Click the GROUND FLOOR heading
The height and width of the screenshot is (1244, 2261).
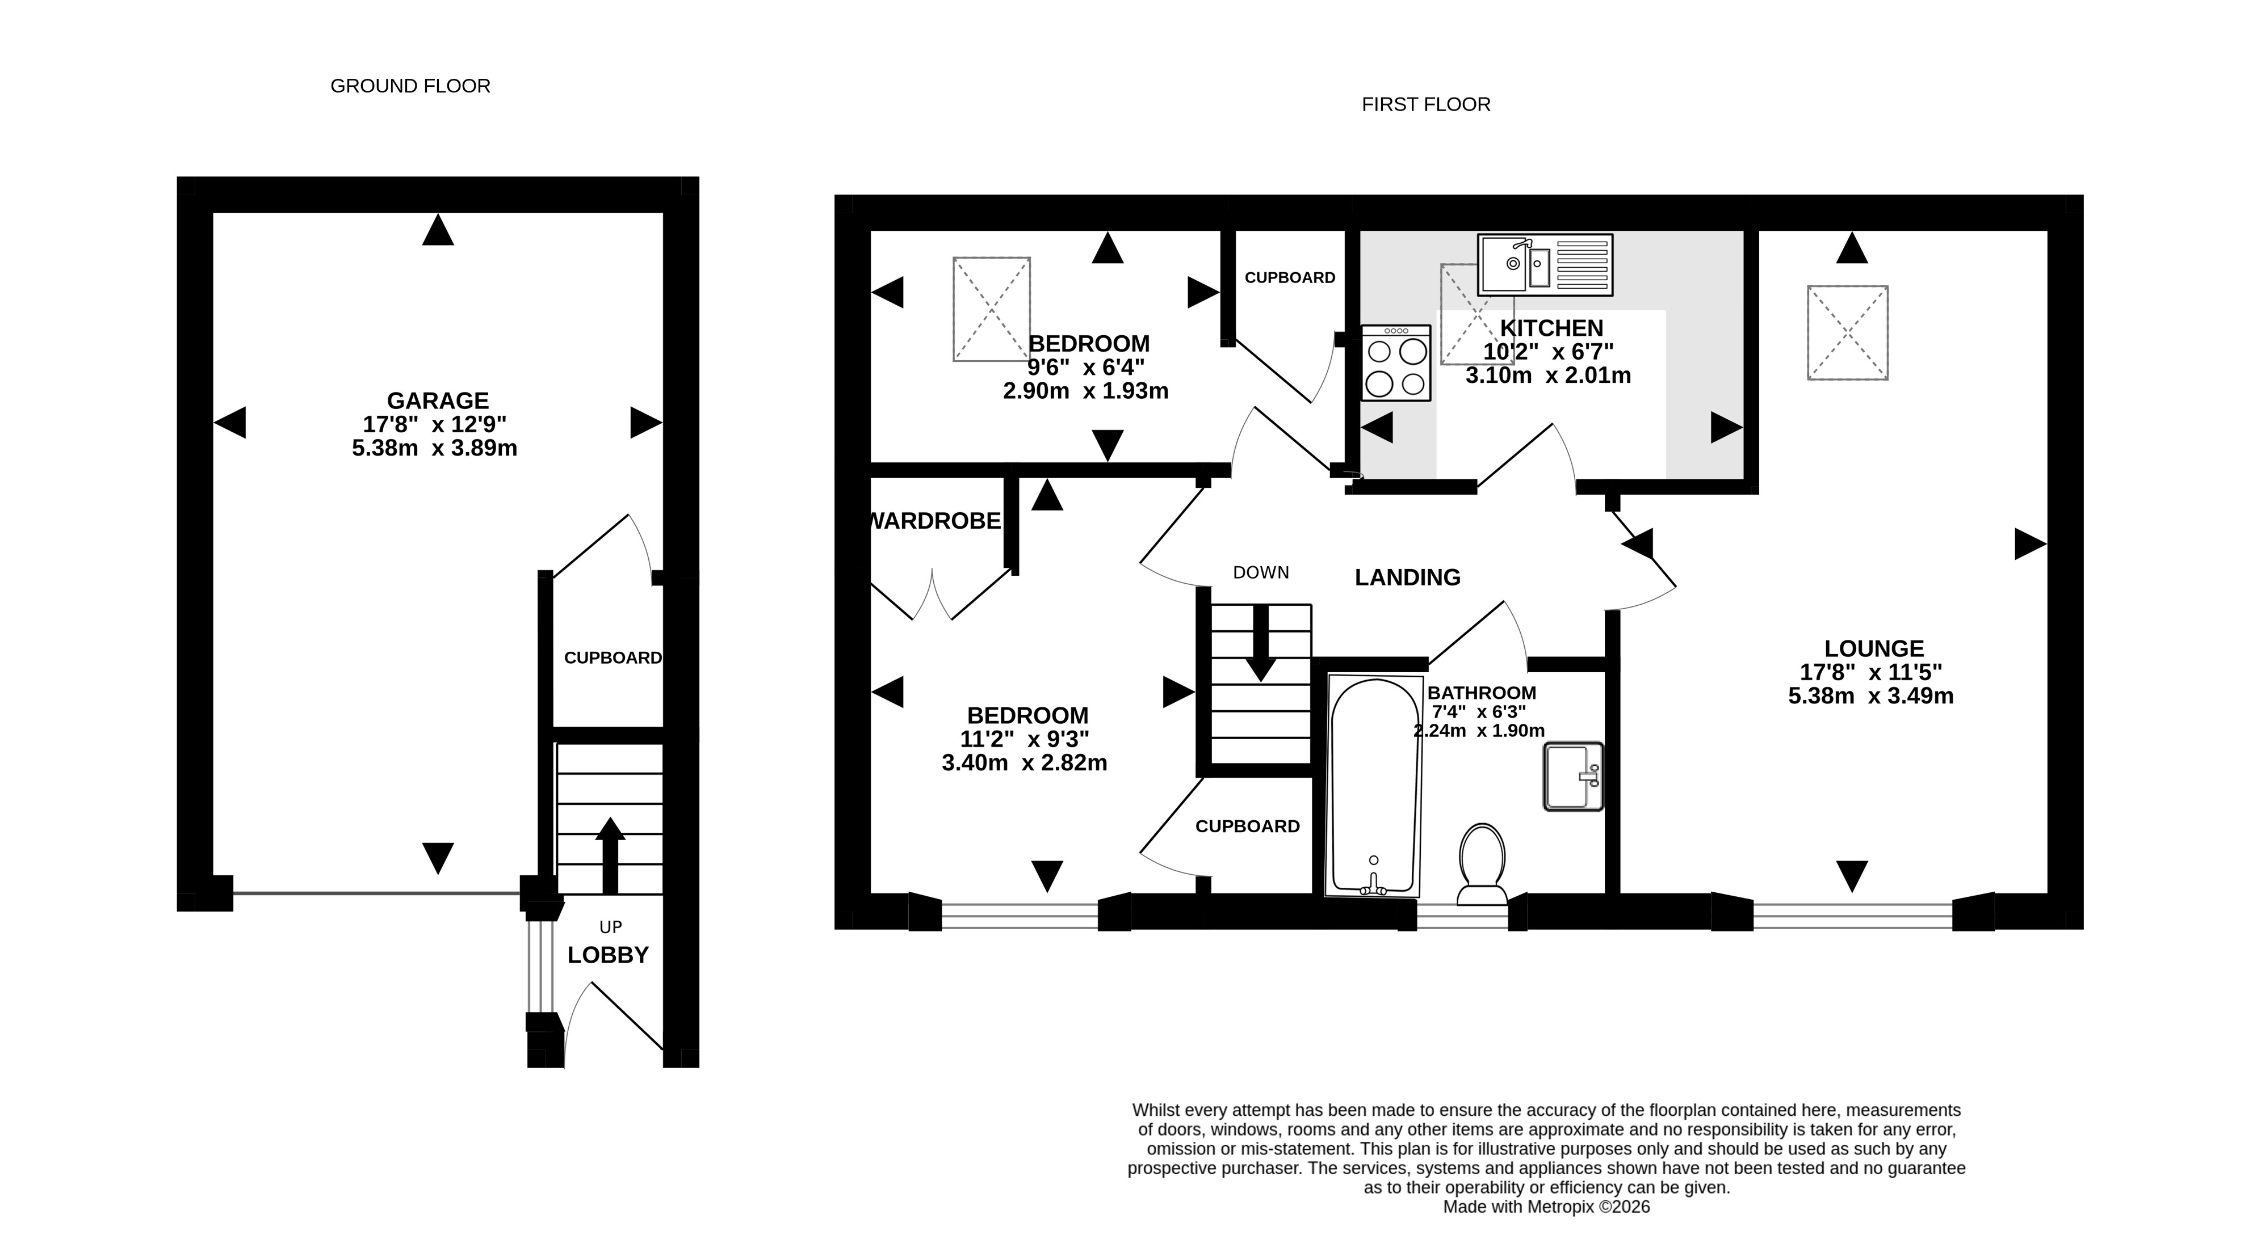[410, 86]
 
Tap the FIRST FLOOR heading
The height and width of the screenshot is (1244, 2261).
[1425, 104]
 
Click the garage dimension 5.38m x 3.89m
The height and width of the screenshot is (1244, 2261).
[434, 448]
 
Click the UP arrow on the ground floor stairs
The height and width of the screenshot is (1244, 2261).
[610, 855]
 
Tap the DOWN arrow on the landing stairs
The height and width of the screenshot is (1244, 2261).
[1261, 643]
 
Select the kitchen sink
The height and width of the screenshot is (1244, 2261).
[1545, 264]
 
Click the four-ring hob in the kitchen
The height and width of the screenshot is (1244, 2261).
[1395, 362]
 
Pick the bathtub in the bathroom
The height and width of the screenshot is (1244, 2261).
[1374, 785]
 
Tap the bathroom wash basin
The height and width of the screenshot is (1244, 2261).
[1573, 777]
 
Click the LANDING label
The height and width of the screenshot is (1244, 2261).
[1408, 577]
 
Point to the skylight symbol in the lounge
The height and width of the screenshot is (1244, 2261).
[1848, 332]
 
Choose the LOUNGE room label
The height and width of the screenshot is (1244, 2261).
[1874, 648]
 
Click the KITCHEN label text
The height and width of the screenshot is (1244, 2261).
[1551, 328]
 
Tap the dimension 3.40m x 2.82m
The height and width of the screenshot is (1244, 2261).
[1024, 763]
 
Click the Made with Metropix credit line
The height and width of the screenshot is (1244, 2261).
[1546, 1207]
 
